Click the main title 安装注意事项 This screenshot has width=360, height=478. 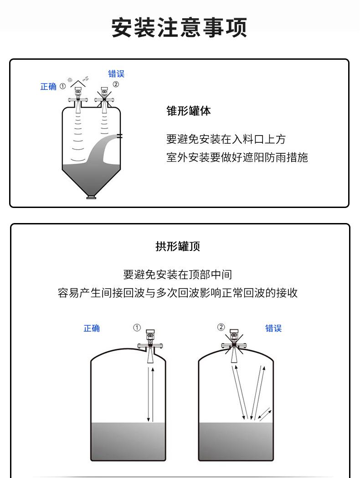tap(179, 27)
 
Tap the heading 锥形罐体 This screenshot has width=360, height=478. tap(189, 111)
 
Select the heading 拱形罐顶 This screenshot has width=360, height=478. tap(178, 246)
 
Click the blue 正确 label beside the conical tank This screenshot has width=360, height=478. tap(48, 87)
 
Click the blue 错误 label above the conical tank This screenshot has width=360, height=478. tap(116, 74)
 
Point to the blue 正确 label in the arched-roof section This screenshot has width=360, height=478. tap(92, 328)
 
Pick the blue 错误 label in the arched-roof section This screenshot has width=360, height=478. tap(273, 328)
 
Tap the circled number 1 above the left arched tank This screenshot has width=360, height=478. tap(137, 327)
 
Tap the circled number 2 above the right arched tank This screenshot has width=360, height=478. tap(221, 327)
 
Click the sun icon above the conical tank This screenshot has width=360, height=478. tap(70, 80)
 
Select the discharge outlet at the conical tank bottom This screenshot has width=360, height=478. tap(91, 197)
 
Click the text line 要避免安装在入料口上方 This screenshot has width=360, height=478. tap(226, 139)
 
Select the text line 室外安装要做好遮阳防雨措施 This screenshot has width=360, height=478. tap(237, 157)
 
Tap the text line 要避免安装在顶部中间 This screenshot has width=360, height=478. tap(178, 275)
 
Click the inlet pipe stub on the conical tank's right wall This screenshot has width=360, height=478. tap(120, 136)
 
